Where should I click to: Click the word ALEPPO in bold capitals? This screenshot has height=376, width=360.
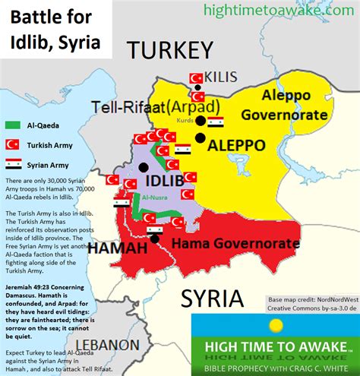(x=236, y=144)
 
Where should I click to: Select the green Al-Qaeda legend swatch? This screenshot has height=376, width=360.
(x=13, y=124)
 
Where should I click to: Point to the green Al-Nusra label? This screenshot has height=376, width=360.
(x=154, y=200)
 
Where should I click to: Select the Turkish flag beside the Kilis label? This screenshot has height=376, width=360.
(x=194, y=78)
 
